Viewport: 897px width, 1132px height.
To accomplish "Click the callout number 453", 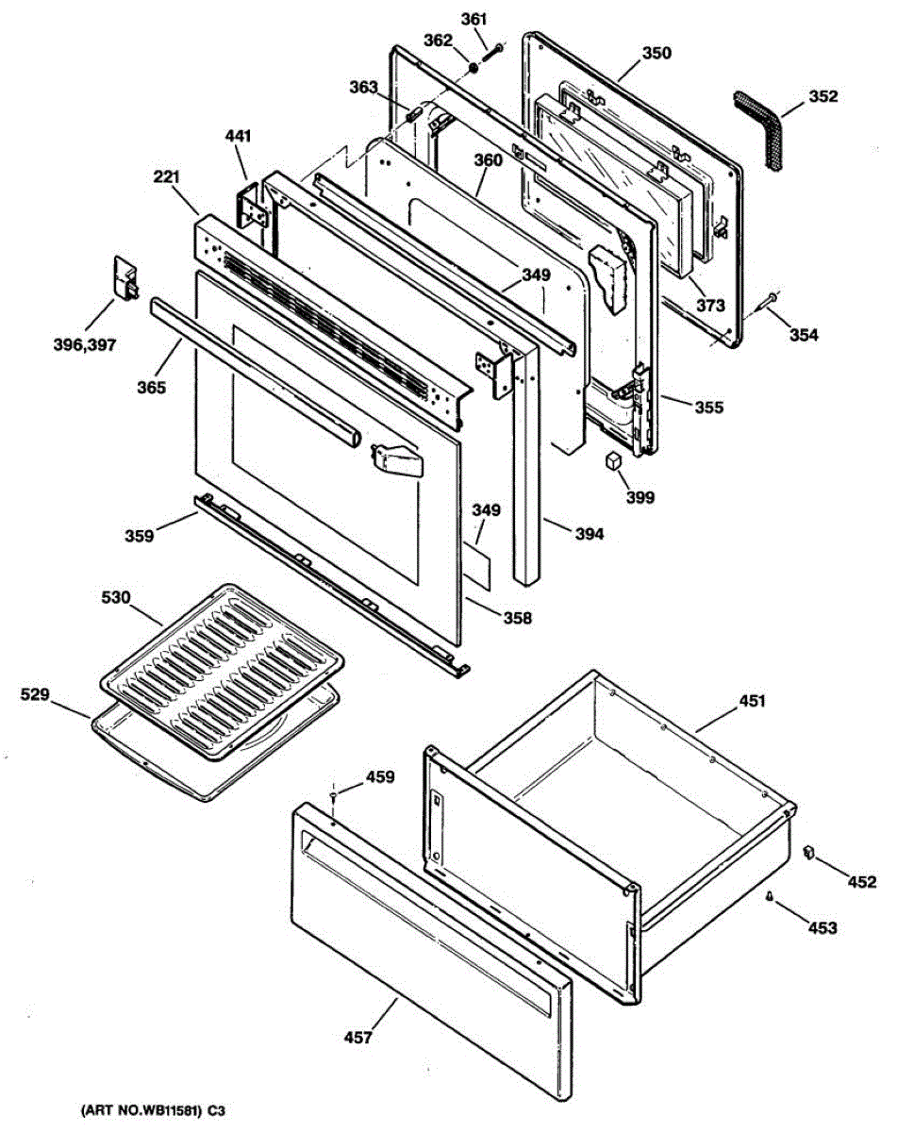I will coord(822,928).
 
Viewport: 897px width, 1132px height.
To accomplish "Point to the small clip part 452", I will coord(807,853).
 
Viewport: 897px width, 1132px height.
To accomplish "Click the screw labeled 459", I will coord(334,798).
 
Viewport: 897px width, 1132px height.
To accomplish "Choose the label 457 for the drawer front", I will coord(357,1038).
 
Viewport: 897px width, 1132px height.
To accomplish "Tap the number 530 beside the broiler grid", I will coord(117,597).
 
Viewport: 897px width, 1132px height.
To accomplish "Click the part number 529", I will coord(37,695).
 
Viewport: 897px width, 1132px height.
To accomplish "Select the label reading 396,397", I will coord(84,345).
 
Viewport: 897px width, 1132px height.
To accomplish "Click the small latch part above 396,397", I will coord(125,277).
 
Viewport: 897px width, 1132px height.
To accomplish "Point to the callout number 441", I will coord(239,137).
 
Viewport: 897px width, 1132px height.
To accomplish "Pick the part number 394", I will coord(590,534).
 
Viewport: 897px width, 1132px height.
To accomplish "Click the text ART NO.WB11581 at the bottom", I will coord(132,1112).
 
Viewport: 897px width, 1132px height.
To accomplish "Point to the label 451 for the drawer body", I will coord(752,701).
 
